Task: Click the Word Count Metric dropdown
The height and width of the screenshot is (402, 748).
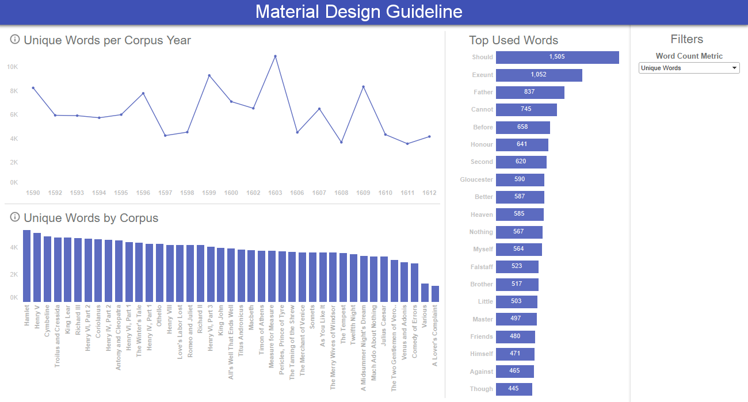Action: tap(689, 68)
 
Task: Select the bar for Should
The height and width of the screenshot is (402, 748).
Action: tap(557, 58)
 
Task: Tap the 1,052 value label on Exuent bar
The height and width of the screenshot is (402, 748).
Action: tap(539, 75)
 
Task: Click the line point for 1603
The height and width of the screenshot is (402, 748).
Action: tap(275, 56)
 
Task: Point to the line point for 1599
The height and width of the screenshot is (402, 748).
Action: tap(209, 75)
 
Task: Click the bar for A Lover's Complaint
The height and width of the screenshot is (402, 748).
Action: tap(435, 293)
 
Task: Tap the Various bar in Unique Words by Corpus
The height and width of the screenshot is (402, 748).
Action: tap(425, 292)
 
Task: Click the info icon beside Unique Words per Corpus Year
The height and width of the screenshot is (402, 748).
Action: tap(15, 40)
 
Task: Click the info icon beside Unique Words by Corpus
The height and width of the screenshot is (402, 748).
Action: tap(15, 217)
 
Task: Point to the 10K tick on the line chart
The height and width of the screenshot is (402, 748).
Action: tap(13, 67)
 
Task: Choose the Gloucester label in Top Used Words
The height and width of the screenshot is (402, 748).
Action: tap(476, 179)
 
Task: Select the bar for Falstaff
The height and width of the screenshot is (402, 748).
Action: tap(517, 267)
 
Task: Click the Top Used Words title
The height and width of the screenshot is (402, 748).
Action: tap(513, 40)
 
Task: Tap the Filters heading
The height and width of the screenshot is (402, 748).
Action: tap(687, 39)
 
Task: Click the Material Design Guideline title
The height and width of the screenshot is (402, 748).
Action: tap(358, 12)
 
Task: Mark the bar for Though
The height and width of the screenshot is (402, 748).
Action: tap(513, 389)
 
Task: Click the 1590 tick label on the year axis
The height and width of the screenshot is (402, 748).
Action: tap(33, 193)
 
